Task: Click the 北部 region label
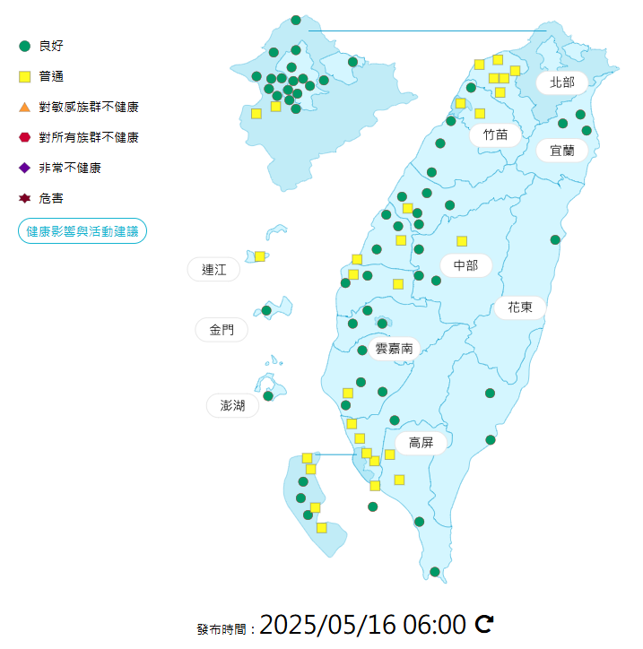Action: coord(562,82)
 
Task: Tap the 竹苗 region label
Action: coord(495,134)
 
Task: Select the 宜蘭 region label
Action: coord(562,150)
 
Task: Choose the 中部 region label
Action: coord(465,264)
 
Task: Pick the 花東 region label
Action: coord(520,307)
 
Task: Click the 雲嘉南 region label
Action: coord(395,348)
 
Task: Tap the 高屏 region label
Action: coord(421,442)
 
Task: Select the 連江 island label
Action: coord(214,269)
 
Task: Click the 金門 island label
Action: coord(222,330)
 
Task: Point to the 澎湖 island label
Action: coord(232,405)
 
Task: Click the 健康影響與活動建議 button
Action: coord(83,231)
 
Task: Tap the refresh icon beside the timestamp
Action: coord(484,624)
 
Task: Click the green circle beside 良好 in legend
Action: coord(25,46)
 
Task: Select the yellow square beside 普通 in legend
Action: coord(25,76)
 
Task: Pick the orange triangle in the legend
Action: coord(25,107)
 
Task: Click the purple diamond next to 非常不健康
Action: coord(25,168)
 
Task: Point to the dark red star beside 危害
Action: coord(25,198)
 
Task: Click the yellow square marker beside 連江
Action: coord(260,256)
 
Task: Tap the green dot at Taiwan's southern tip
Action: coord(435,572)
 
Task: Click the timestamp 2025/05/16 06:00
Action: coord(362,624)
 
